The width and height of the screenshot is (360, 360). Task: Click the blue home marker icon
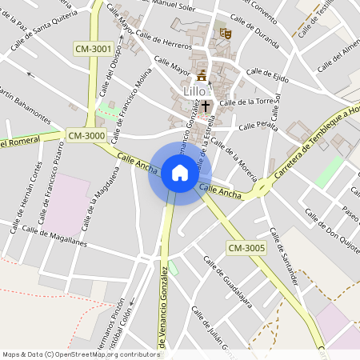click(179, 172)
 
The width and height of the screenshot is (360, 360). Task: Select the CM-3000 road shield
click(86, 136)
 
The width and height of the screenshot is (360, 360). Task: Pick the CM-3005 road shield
click(245, 248)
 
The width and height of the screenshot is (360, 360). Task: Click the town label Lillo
click(194, 91)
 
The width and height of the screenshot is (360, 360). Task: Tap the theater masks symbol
click(226, 34)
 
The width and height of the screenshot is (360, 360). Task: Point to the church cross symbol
click(206, 105)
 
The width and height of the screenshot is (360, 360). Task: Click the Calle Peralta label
click(256, 126)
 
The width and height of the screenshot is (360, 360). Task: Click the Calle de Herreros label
click(164, 40)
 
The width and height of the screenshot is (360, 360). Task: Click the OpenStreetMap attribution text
click(81, 354)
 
